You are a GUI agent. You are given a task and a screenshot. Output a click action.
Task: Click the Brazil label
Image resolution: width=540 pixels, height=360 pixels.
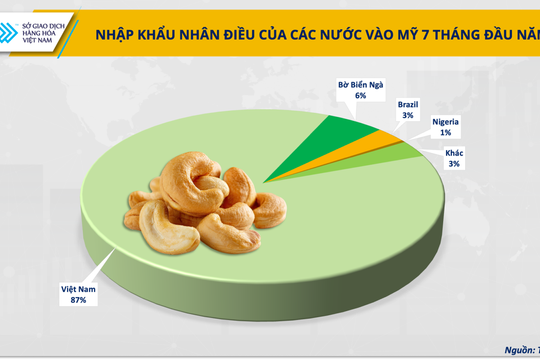coord(409,104)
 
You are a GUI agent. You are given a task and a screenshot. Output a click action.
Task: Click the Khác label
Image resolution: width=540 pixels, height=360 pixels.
coord(454,154)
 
